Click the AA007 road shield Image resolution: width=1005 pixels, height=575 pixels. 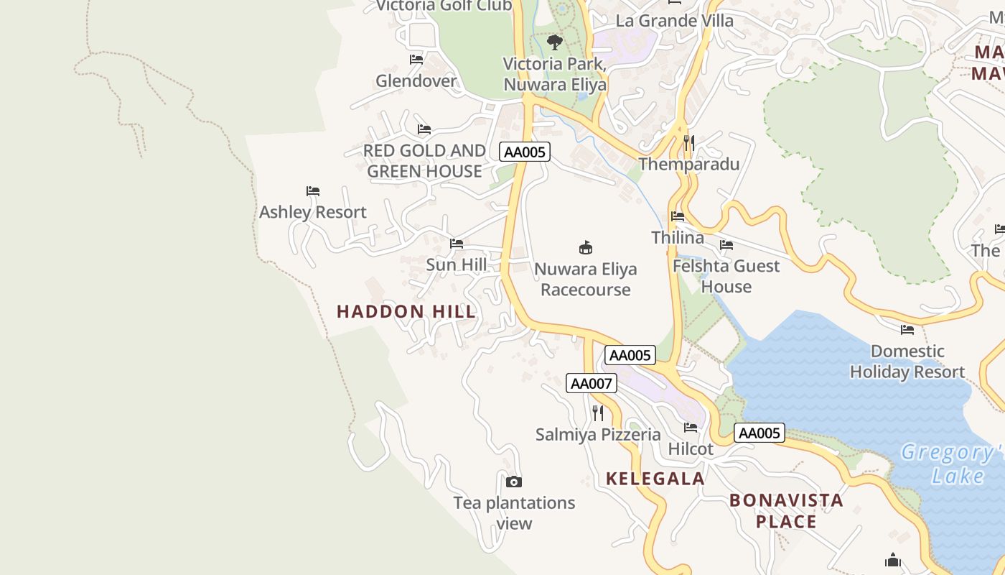pyautogui.click(x=591, y=383)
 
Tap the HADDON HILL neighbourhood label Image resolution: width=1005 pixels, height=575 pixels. pyautogui.click(x=406, y=311)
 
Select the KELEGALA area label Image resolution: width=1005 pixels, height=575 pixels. pyautogui.click(x=655, y=479)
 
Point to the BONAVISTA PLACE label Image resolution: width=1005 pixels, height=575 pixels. pyautogui.click(x=786, y=510)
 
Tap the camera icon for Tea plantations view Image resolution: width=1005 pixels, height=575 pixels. pyautogui.click(x=514, y=482)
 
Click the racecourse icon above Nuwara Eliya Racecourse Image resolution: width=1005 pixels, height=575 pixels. pyautogui.click(x=586, y=248)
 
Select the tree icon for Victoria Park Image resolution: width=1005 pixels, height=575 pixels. pyautogui.click(x=555, y=42)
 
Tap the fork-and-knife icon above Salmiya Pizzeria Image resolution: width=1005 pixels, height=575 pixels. pyautogui.click(x=597, y=413)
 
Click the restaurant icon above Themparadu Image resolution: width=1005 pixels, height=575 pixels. pyautogui.click(x=688, y=143)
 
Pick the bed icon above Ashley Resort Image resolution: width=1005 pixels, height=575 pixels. pyautogui.click(x=313, y=191)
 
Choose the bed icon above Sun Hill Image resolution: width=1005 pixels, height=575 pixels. pyautogui.click(x=457, y=244)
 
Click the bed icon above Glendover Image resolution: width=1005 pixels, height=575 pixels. pyautogui.click(x=416, y=60)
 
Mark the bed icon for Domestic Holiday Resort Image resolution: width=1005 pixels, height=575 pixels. pyautogui.click(x=907, y=330)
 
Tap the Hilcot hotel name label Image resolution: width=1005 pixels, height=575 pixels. pyautogui.click(x=691, y=449)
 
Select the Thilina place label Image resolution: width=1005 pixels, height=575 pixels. pyautogui.click(x=678, y=237)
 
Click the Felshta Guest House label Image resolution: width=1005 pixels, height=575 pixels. pyautogui.click(x=726, y=276)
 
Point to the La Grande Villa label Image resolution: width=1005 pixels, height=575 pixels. pyautogui.click(x=675, y=21)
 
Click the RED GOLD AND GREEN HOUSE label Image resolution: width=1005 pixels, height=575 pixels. pyautogui.click(x=424, y=161)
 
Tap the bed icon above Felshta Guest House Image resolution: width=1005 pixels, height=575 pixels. pyautogui.click(x=726, y=245)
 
